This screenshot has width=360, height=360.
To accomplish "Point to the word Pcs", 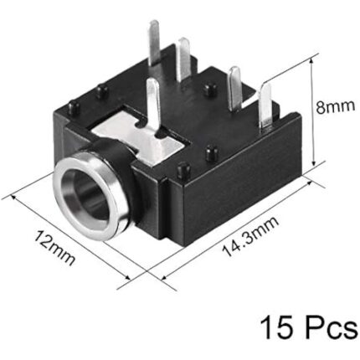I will [329, 326].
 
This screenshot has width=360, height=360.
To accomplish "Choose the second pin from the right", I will [236, 85].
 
